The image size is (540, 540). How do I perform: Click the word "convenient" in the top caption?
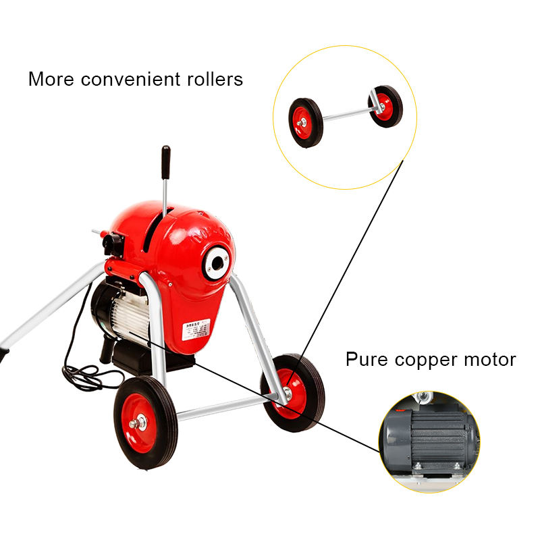pyautogui.click(x=128, y=79)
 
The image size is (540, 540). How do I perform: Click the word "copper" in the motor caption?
pyautogui.click(x=426, y=359)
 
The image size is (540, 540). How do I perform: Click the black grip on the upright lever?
pyautogui.click(x=165, y=162)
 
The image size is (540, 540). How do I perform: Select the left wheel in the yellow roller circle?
pyautogui.click(x=306, y=122)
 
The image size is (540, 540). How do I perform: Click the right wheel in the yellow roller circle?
pyautogui.click(x=386, y=106)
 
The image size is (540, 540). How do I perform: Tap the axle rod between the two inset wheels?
pyautogui.click(x=344, y=114)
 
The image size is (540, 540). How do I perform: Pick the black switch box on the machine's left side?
pyautogui.click(x=113, y=244)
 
